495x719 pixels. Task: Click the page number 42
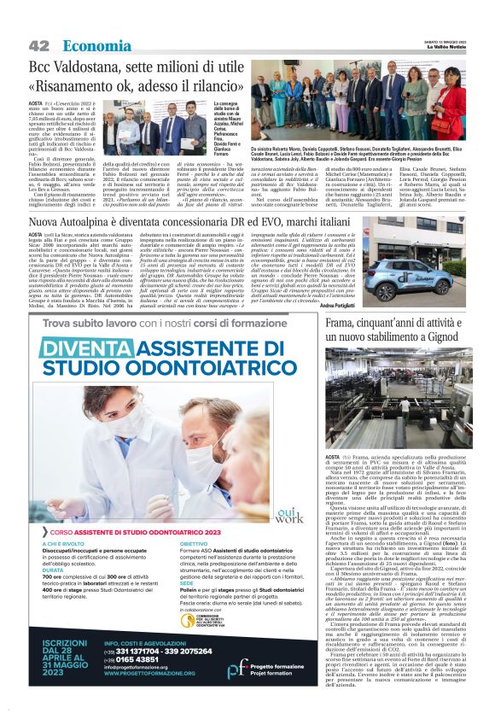pos(38,45)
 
